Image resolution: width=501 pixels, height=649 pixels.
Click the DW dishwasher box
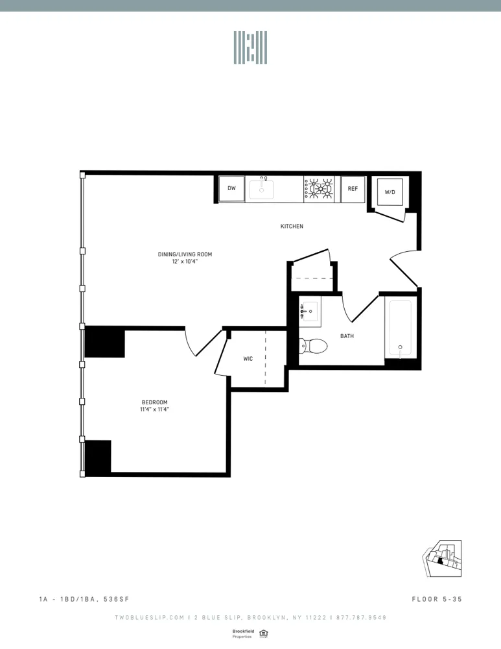pyautogui.click(x=231, y=189)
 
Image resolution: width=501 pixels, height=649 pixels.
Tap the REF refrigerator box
pyautogui.click(x=353, y=189)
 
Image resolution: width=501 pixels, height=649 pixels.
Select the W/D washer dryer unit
pyautogui.click(x=390, y=192)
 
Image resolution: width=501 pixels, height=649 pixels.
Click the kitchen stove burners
pyautogui.click(x=320, y=189)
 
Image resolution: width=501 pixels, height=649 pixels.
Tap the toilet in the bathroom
pyautogui.click(x=312, y=347)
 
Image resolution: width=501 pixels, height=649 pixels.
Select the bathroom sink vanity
pyautogui.click(x=310, y=312)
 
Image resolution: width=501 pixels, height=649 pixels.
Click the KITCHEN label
pyautogui.click(x=292, y=227)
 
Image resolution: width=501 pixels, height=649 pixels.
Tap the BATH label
pyautogui.click(x=347, y=336)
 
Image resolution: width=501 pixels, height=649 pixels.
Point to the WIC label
pyautogui.click(x=248, y=358)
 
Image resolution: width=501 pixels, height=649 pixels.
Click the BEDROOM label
pyautogui.click(x=154, y=402)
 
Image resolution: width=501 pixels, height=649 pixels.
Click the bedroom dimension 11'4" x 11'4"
pyautogui.click(x=154, y=410)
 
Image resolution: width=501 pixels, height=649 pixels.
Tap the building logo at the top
pyautogui.click(x=250, y=47)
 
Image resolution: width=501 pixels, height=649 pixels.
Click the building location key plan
pyautogui.click(x=443, y=557)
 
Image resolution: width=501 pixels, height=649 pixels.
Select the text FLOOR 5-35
pyautogui.click(x=436, y=599)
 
